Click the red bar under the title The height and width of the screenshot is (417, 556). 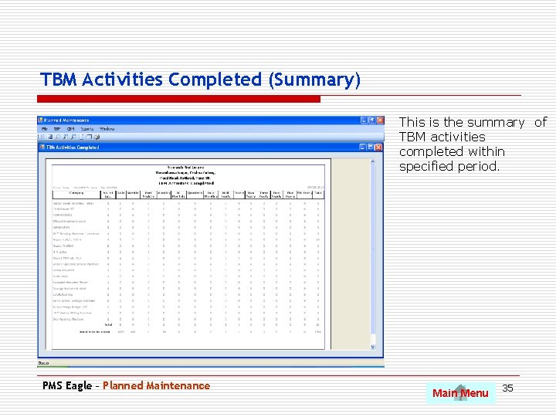180,99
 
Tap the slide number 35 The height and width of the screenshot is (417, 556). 507,388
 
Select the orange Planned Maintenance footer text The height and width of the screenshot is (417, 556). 156,385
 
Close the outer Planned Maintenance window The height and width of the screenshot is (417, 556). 380,120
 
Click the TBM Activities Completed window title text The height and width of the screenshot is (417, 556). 73,147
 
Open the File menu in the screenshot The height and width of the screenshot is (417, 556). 45,128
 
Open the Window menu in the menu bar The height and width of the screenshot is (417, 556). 107,128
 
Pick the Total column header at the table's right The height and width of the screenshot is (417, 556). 317,194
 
